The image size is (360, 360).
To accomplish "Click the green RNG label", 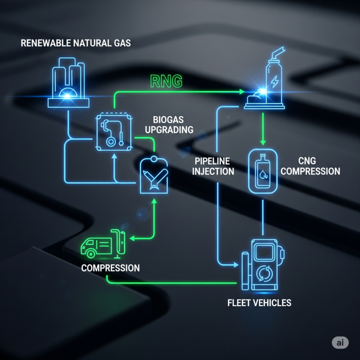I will coord(166,81).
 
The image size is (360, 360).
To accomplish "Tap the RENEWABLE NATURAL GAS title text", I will coord(76,44).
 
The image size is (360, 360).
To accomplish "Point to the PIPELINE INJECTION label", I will coord(214,166).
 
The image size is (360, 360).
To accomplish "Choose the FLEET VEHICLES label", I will coord(259,303).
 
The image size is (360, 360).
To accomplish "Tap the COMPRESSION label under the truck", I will coord(110,268).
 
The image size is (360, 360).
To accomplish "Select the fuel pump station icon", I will coord(262,265).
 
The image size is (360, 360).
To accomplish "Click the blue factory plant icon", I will coord(68,84).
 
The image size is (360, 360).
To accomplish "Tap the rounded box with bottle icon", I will coord(262,172).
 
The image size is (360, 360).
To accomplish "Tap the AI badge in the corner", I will coord(340,343).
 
